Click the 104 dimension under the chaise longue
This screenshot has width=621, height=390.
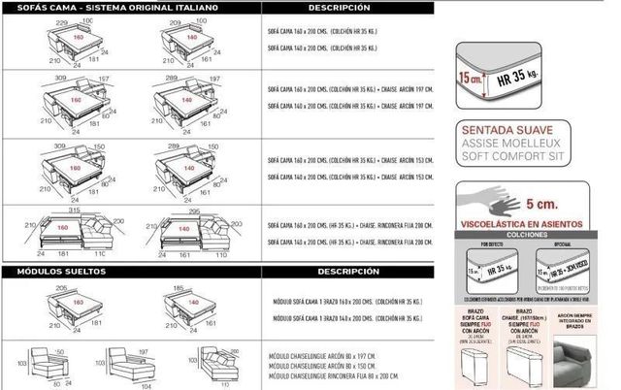click(x=146, y=384)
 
